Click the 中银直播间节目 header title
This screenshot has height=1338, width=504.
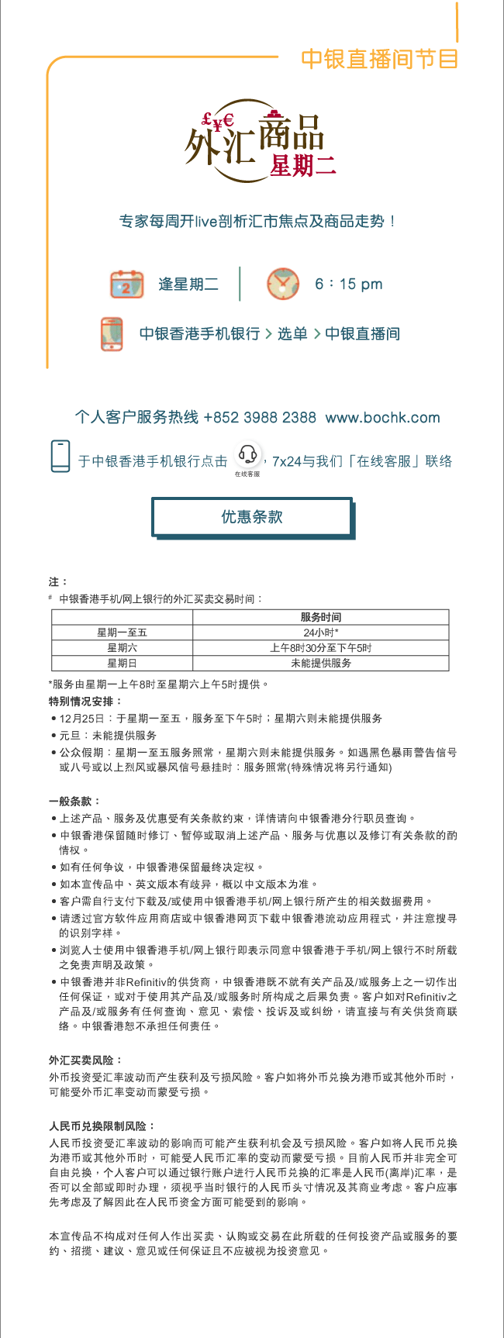(379, 59)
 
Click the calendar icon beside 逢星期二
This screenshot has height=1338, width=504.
(126, 284)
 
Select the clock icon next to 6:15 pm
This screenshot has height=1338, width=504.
(283, 284)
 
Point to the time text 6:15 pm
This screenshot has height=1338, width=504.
(349, 284)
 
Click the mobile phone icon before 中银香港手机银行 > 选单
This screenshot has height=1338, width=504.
(112, 334)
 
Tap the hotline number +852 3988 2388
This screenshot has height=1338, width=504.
(260, 417)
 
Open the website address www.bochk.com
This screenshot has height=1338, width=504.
(382, 417)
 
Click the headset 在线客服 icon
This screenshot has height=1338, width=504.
(247, 457)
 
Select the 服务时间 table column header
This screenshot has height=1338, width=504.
(320, 617)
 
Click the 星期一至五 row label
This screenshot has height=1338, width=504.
(122, 633)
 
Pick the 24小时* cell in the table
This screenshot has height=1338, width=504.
(320, 633)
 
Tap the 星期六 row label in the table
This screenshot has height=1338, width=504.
(122, 648)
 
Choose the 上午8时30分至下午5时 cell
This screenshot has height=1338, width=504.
(320, 648)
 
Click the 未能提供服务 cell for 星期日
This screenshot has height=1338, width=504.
(320, 664)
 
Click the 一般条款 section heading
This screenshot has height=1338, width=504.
(74, 801)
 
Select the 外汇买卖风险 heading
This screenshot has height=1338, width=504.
(85, 1060)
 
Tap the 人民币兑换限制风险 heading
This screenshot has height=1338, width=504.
(102, 1126)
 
